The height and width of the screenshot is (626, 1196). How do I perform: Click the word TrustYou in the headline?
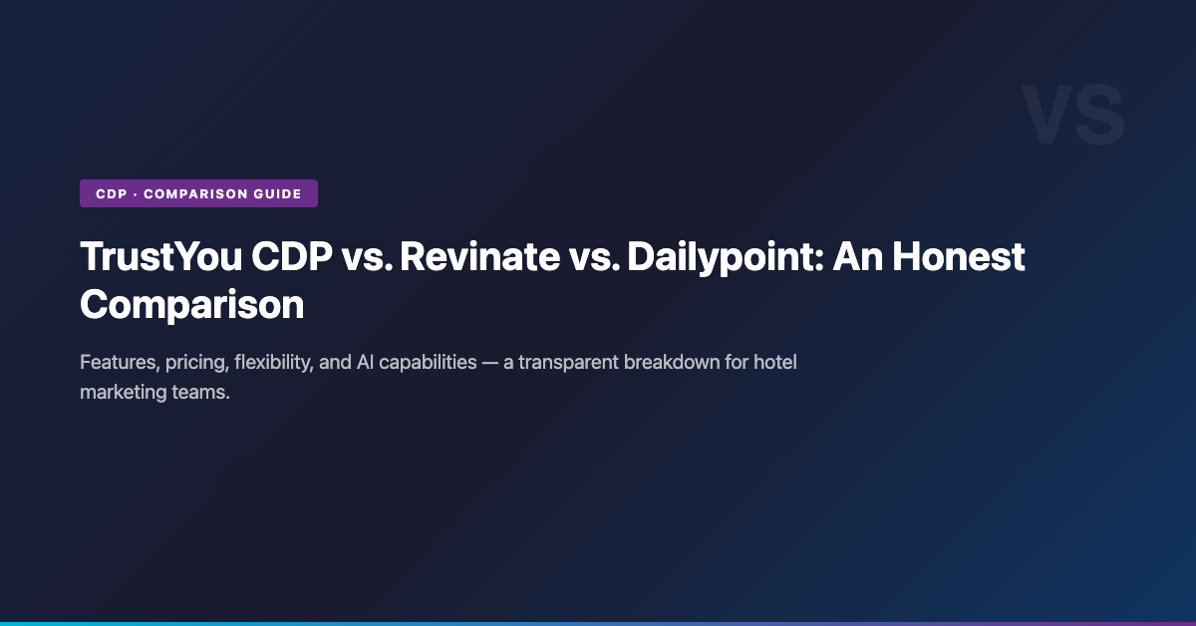click(x=160, y=257)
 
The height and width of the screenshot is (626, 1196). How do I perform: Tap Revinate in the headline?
click(x=480, y=257)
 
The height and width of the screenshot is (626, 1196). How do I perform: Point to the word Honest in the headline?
click(x=959, y=257)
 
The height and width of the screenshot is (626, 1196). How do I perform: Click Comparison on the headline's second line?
click(x=192, y=305)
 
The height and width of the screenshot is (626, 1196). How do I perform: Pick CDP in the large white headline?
click(x=291, y=257)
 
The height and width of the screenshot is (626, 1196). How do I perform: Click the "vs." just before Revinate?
click(x=368, y=260)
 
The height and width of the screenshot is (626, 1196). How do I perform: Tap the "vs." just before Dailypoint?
click(x=594, y=260)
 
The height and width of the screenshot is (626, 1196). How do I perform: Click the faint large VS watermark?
click(x=1073, y=115)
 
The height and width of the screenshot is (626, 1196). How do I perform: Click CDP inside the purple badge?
click(x=111, y=194)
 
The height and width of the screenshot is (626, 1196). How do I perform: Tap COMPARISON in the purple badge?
click(x=195, y=194)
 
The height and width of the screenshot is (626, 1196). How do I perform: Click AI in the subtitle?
click(x=365, y=363)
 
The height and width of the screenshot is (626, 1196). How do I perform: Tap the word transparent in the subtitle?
click(x=567, y=364)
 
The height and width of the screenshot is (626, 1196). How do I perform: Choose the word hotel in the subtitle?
click(x=775, y=362)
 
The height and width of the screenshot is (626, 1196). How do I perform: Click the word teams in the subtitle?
click(x=200, y=393)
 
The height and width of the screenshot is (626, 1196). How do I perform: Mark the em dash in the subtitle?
click(x=489, y=364)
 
